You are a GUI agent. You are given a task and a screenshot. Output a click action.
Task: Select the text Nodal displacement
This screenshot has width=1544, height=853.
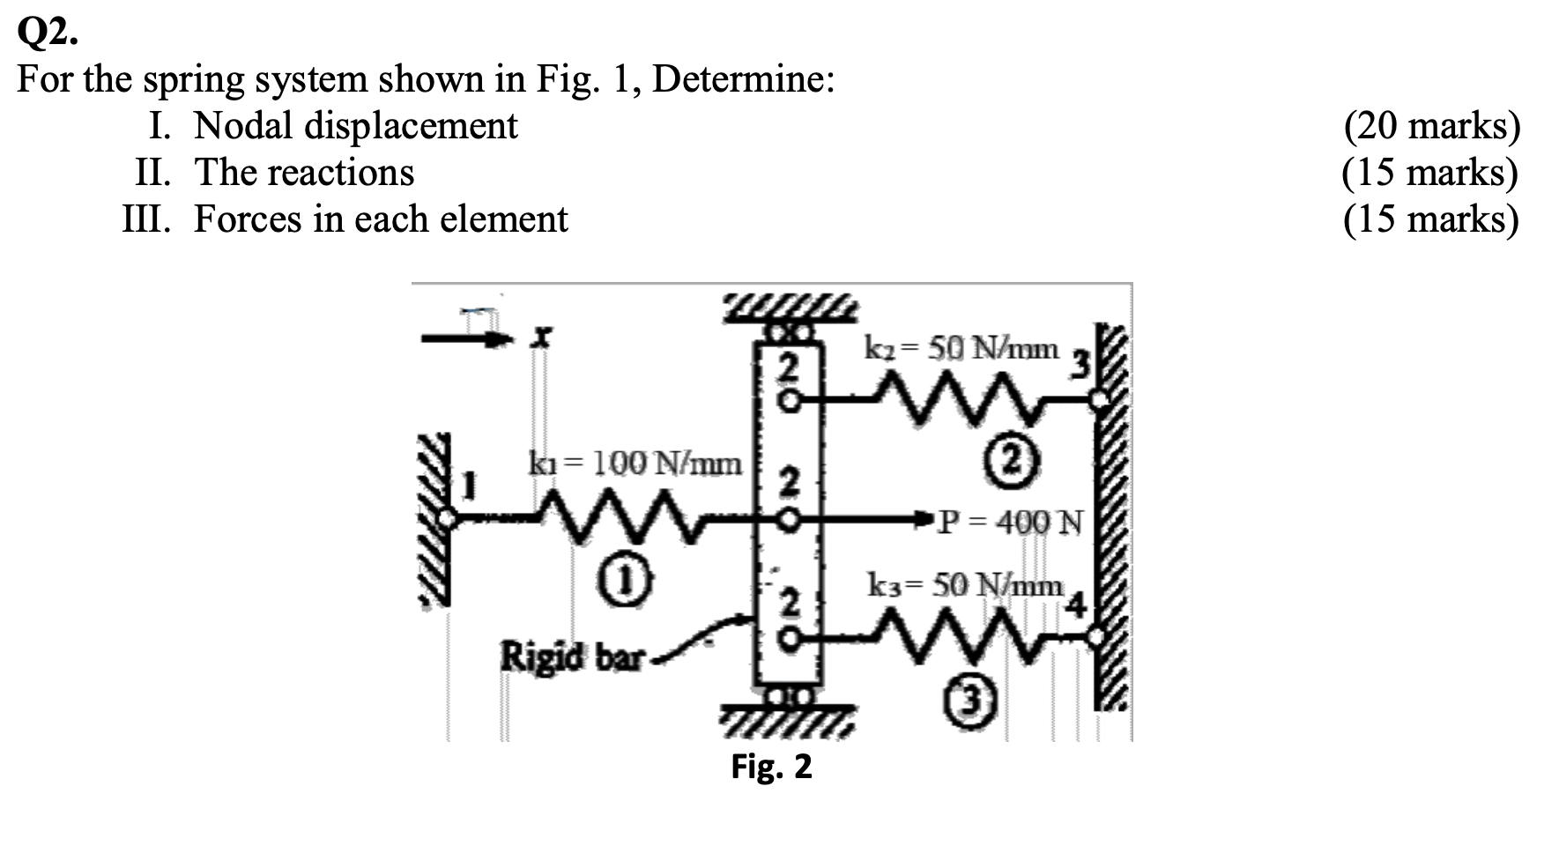(x=355, y=125)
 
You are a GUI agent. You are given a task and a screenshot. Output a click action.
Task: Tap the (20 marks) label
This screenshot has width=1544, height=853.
(x=1431, y=126)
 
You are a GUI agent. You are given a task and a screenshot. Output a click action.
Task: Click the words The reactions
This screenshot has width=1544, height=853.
(x=304, y=172)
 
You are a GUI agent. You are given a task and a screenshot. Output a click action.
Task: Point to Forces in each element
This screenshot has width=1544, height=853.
(x=380, y=219)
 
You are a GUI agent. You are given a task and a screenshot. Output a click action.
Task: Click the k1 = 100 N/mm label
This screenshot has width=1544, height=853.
(x=635, y=462)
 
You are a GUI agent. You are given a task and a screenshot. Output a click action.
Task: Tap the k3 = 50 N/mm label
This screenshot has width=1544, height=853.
(x=966, y=584)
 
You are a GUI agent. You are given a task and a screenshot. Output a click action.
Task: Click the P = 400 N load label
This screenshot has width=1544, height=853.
(x=1010, y=522)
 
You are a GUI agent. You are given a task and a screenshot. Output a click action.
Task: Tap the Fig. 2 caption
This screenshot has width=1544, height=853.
(x=771, y=767)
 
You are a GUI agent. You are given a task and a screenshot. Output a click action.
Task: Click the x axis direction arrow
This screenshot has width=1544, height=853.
(x=467, y=338)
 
